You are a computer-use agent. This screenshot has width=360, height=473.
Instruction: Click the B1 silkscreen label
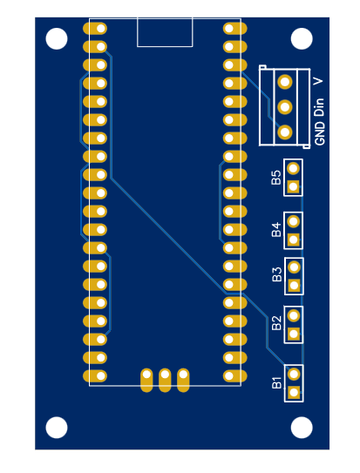click(276, 382)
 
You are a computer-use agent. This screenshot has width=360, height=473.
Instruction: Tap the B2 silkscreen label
click(276, 323)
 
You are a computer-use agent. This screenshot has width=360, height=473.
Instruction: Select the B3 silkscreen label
click(276, 275)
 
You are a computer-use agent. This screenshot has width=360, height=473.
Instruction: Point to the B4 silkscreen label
click(276, 229)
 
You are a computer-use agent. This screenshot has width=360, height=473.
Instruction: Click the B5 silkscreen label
click(276, 177)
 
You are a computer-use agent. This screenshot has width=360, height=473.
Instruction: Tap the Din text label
click(320, 106)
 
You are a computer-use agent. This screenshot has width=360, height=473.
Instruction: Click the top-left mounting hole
click(57, 38)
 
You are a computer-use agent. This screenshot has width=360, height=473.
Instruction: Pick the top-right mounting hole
click(302, 38)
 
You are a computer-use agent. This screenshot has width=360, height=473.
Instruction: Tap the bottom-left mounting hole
click(57, 428)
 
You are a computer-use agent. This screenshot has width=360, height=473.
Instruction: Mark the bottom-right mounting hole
click(302, 428)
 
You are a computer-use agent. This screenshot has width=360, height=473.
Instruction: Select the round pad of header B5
click(294, 168)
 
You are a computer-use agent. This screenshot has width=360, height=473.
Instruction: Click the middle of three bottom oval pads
click(165, 379)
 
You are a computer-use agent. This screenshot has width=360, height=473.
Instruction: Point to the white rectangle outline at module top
click(165, 33)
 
